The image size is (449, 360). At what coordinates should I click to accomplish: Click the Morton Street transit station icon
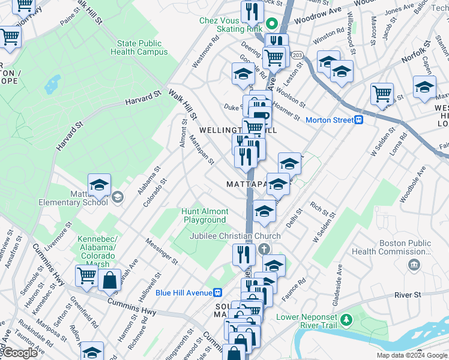click(x=359, y=120)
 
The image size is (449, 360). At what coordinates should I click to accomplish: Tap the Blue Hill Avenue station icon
click(x=218, y=292)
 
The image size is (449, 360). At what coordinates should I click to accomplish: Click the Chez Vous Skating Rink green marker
click(x=271, y=25)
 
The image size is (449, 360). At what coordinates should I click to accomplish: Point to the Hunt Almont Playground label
click(x=205, y=215)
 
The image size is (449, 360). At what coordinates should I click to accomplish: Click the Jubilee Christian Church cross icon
click(x=264, y=248)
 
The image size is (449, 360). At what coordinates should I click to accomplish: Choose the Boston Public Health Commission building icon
click(x=414, y=265)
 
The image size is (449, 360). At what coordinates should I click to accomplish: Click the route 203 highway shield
click(x=297, y=55)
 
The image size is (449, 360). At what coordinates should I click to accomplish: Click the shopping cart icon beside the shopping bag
click(x=86, y=275)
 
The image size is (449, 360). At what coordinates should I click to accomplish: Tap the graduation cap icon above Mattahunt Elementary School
click(x=99, y=184)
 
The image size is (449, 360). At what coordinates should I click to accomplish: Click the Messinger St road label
click(x=162, y=251)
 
